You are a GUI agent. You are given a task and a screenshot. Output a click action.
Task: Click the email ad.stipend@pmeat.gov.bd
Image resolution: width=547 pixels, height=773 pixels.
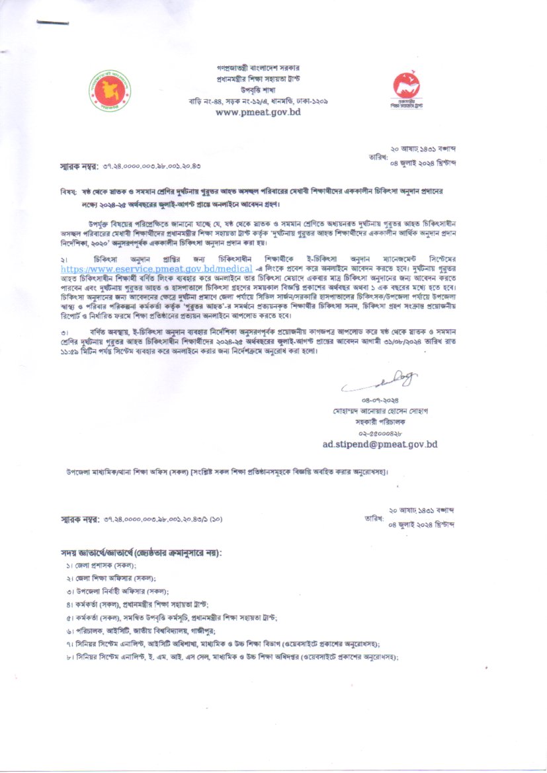tap(380, 444)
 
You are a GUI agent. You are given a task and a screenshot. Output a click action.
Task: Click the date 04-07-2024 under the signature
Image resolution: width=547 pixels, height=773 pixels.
tap(378, 400)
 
